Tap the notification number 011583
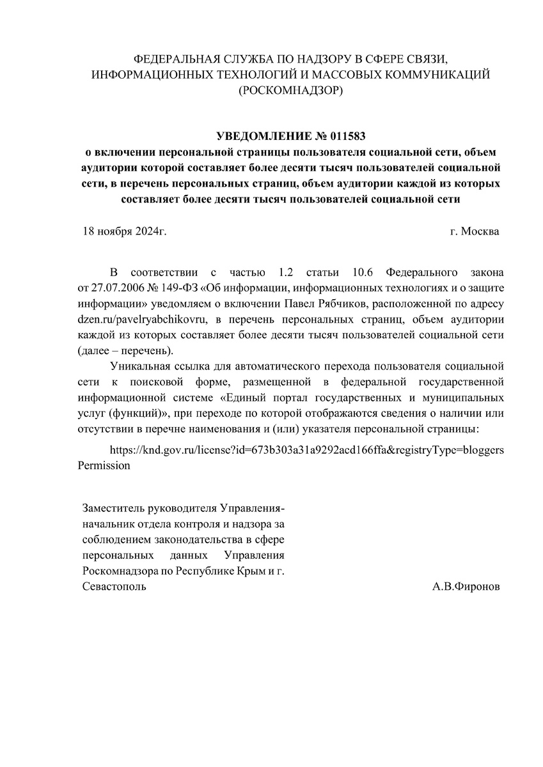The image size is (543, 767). tap(349, 136)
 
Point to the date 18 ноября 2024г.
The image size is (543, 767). tap(125, 231)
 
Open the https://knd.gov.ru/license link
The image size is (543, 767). tap(306, 449)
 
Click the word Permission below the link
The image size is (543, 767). tap(104, 465)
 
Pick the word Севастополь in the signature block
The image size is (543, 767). tap(114, 585)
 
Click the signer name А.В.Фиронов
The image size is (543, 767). tap(466, 585)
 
